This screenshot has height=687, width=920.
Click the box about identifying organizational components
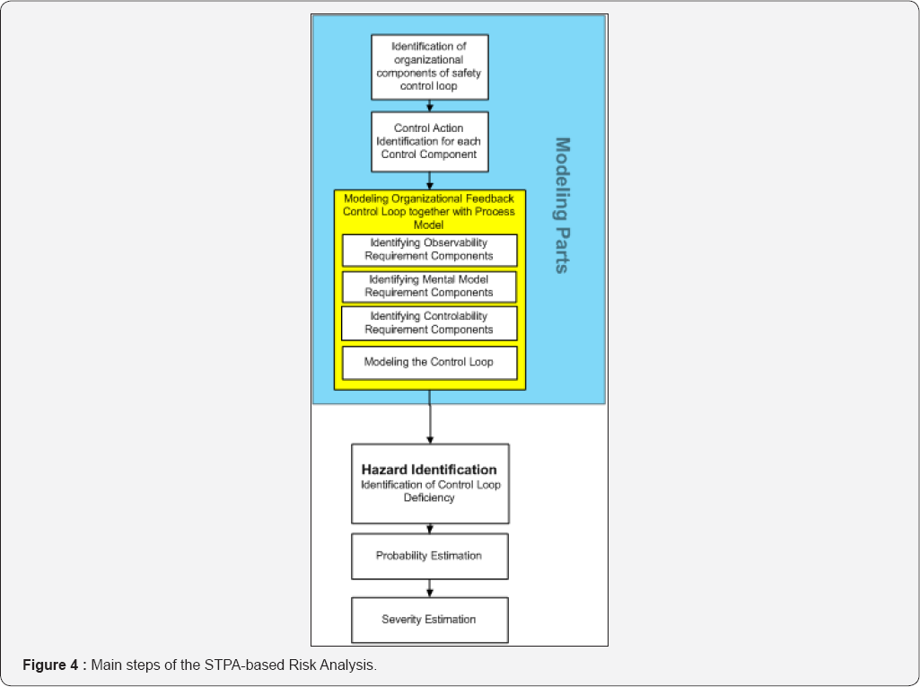coord(430,66)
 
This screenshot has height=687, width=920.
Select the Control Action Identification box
coord(430,141)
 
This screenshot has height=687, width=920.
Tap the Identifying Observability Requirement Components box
coord(429,250)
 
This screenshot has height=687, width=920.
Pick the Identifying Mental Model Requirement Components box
coord(429,286)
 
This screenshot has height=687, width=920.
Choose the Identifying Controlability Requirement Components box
coord(429,323)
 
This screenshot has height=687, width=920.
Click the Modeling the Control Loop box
coord(429,363)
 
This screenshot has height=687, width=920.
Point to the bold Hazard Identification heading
coord(429,470)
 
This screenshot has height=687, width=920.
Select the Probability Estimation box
coord(429,556)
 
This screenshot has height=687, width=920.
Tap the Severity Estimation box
coord(429,620)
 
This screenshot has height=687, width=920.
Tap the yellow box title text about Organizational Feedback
coord(429,211)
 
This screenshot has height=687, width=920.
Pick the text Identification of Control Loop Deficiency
coord(429,491)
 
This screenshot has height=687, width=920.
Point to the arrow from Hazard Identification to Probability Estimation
coord(430,529)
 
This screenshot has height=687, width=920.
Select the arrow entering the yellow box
coord(430,182)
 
